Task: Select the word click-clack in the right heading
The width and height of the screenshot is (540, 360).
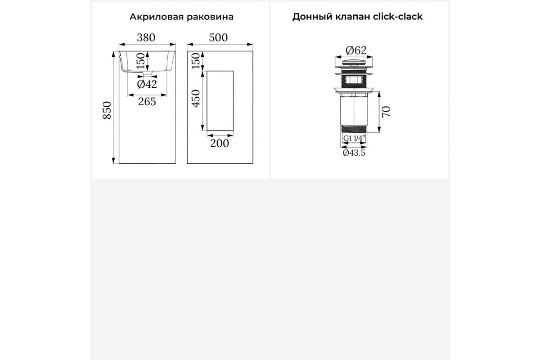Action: pyautogui.click(x=398, y=17)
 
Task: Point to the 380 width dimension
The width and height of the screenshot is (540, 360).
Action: pyautogui.click(x=146, y=38)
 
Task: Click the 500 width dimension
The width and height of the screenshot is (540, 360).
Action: pyautogui.click(x=218, y=38)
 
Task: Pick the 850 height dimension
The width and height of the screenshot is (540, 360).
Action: pyautogui.click(x=107, y=110)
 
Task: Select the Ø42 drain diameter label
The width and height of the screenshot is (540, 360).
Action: pyautogui.click(x=147, y=84)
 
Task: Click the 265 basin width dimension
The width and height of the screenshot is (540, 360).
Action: pyautogui.click(x=147, y=102)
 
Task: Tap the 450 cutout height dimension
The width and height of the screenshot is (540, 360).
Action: pyautogui.click(x=196, y=99)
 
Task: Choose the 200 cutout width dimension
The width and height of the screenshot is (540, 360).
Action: pyautogui.click(x=220, y=144)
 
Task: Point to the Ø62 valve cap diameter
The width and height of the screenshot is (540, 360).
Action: pyautogui.click(x=356, y=50)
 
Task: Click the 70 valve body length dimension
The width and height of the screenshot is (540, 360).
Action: pyautogui.click(x=386, y=112)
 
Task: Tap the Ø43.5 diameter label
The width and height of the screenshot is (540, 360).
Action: pyautogui.click(x=354, y=153)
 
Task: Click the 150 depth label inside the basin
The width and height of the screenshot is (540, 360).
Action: pyautogui.click(x=141, y=61)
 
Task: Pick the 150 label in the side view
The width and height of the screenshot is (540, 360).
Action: pyautogui.click(x=196, y=61)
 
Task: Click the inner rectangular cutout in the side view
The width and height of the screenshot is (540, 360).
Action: pyautogui.click(x=220, y=101)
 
